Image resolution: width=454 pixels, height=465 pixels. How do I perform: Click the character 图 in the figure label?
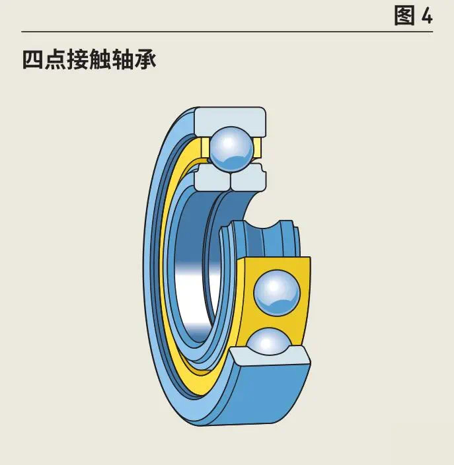(x=404, y=15)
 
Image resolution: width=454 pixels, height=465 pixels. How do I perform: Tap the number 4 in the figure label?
(x=426, y=16)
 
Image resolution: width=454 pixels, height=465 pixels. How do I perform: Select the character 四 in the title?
(x=33, y=60)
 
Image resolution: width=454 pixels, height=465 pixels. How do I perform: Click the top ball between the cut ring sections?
(x=231, y=149)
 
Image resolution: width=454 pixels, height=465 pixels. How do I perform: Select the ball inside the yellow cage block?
(x=277, y=293)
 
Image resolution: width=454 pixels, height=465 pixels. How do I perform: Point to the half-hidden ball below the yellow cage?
(x=269, y=341)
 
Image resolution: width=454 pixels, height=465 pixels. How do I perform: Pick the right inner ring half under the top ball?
(x=248, y=178)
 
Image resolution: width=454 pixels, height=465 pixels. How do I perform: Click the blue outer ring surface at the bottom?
(x=264, y=396)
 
